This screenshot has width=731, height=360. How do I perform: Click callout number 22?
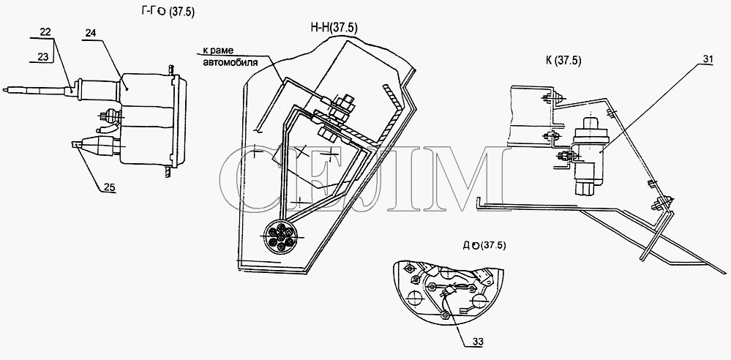(x=45, y=31)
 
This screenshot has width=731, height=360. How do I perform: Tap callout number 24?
(x=91, y=32)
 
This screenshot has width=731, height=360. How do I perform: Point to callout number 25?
(x=109, y=187)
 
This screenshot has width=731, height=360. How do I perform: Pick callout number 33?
(x=477, y=342)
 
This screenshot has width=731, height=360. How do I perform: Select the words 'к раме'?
(x=218, y=50)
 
